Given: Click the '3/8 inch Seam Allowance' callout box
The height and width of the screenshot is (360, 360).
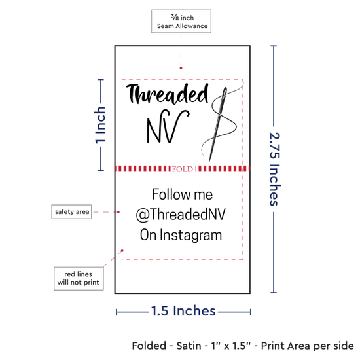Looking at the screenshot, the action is [181, 21].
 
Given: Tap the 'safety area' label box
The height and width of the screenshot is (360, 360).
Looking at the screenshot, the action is [71, 211].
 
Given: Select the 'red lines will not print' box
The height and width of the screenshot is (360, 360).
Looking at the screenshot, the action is [79, 278].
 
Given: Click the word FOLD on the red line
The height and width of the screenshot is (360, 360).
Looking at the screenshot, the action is [183, 170].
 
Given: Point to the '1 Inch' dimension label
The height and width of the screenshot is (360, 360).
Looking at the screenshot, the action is [100, 125].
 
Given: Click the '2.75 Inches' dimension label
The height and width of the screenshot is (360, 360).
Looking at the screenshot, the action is [274, 169].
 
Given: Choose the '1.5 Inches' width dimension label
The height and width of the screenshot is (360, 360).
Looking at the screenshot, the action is [183, 311].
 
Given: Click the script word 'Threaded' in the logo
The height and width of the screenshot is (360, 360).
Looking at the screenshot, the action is [168, 94].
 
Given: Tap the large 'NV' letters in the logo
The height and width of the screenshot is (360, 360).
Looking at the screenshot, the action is [168, 126].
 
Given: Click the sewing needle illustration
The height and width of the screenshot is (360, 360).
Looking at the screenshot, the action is [217, 124].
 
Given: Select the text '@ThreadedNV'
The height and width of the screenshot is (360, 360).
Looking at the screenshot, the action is [181, 215].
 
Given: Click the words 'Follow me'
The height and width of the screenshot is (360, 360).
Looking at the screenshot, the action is [183, 194].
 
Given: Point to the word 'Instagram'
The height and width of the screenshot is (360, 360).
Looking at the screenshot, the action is [190, 236].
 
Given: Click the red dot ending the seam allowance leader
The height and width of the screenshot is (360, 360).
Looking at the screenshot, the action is [181, 68].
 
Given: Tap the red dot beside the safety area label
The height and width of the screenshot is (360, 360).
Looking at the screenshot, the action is [118, 212].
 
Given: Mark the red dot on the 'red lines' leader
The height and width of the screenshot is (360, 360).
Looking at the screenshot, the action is [122, 251].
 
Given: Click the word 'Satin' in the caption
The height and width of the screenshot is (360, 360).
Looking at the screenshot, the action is [189, 346].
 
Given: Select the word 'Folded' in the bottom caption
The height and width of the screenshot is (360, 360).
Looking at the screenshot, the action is [149, 346].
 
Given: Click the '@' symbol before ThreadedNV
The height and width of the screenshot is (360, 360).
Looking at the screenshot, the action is [143, 215].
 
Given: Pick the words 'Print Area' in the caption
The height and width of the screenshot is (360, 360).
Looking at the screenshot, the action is [285, 346].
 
